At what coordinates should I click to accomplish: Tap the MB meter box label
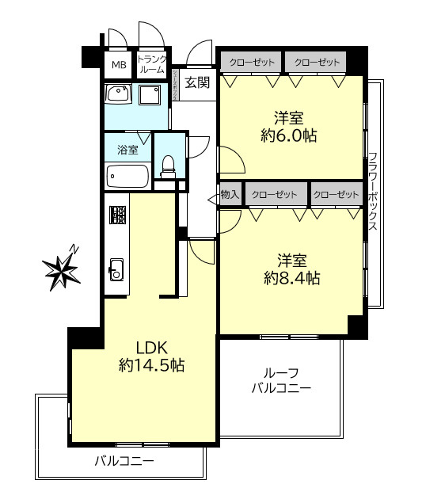pos(118,65)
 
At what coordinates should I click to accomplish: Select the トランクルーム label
pos(150,64)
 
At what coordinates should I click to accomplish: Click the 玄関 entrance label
pos(198,82)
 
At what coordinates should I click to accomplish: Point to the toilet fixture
pos(167,165)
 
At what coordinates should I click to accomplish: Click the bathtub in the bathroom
pos(127,176)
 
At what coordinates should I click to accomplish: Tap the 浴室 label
pos(127,149)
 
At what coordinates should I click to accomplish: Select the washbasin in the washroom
pos(118,96)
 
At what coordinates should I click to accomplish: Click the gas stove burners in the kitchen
pos(118,215)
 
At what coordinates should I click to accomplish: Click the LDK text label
pos(150,346)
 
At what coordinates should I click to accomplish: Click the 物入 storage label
pos(230,194)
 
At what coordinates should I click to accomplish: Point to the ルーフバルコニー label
pos(282,380)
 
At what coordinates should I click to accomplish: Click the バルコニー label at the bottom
pos(124,460)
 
